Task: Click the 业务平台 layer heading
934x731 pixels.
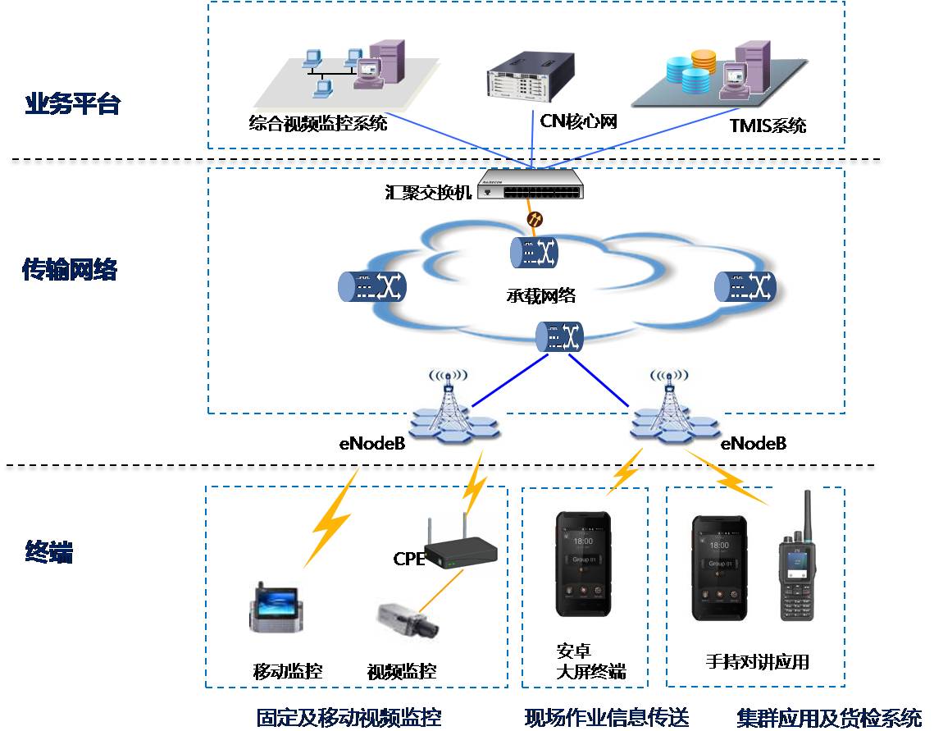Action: [x=73, y=105]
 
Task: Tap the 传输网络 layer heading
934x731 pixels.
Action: [x=70, y=270]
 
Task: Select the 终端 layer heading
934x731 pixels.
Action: [x=49, y=553]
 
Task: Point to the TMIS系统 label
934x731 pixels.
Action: [x=768, y=126]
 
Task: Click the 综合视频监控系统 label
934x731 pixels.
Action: [x=318, y=124]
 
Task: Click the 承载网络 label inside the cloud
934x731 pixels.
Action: [x=540, y=295]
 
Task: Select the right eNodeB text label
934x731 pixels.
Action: [x=753, y=444]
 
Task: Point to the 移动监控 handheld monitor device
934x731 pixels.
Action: [x=277, y=610]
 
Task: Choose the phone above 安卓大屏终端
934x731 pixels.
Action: [x=583, y=564]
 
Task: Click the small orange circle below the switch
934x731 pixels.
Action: [x=534, y=219]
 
